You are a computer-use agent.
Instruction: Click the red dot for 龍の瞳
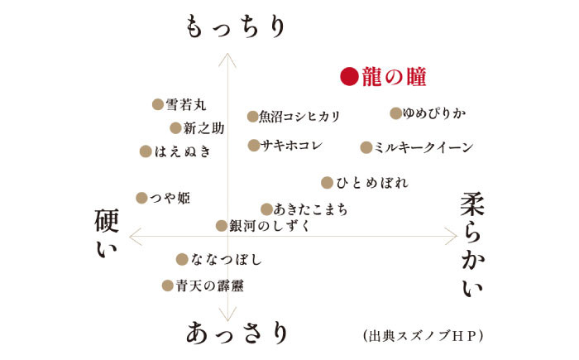[x=349, y=78]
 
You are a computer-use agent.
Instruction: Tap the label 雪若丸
[x=186, y=104]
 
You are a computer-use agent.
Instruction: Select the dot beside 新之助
[x=175, y=127]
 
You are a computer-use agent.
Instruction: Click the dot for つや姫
[x=141, y=197]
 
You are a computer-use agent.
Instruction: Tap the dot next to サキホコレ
[x=253, y=145]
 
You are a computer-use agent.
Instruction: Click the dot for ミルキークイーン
[x=366, y=147]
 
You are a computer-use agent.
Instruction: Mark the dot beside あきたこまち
[x=266, y=209]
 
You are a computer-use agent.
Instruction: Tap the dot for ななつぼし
[x=182, y=259]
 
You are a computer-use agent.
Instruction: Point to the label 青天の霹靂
[x=209, y=286]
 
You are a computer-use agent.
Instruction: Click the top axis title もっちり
[x=235, y=26]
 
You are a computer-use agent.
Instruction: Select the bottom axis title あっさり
[x=237, y=333]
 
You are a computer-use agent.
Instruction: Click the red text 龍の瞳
[x=395, y=78]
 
